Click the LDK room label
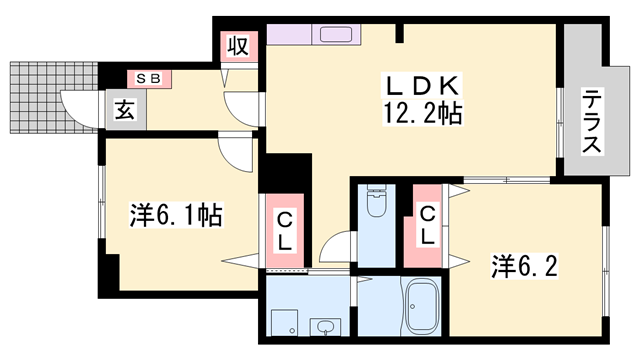pos(422,85)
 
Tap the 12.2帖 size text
pos(422,113)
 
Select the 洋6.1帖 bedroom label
pos(176,215)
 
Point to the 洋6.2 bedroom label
pos(524,265)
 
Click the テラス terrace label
pos(592,122)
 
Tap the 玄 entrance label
pos(125,110)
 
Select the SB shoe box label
pos(149,78)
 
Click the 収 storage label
pos(238,46)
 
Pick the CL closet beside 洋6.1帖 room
pos(284,231)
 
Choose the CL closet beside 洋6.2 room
pos(427,226)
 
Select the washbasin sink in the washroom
pos(325,327)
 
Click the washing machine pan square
pos(284,322)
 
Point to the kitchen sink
pos(336,34)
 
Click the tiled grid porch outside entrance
pos(54,98)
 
